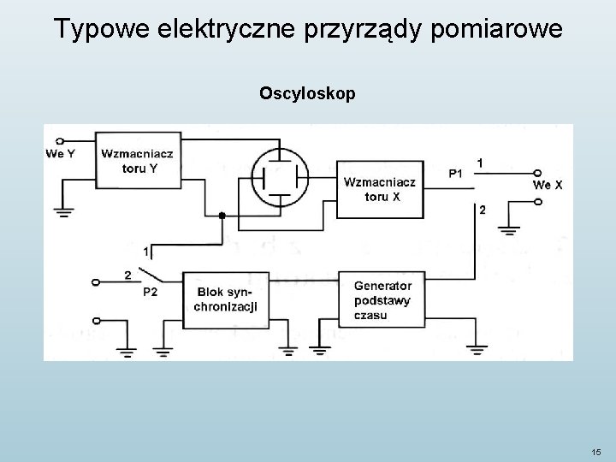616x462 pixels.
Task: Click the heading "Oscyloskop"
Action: pyautogui.click(x=307, y=92)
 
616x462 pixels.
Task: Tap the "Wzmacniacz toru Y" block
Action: pyautogui.click(x=139, y=161)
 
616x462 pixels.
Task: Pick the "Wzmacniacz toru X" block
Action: pyautogui.click(x=381, y=190)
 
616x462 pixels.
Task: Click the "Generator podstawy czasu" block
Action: pyautogui.click(x=382, y=300)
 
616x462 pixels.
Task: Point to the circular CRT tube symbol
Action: pyautogui.click(x=282, y=177)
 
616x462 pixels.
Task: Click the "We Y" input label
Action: pyautogui.click(x=59, y=154)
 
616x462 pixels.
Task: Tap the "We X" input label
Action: pyautogui.click(x=548, y=185)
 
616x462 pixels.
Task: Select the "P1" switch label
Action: pyautogui.click(x=456, y=174)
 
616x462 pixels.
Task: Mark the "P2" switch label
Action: pyautogui.click(x=150, y=293)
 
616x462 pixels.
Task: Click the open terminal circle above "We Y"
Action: pyautogui.click(x=59, y=140)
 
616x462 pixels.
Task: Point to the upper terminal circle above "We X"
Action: pyautogui.click(x=536, y=172)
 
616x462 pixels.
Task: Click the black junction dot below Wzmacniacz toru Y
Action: pyautogui.click(x=222, y=216)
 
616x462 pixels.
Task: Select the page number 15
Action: pyautogui.click(x=595, y=452)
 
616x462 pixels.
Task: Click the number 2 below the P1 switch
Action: pyautogui.click(x=483, y=210)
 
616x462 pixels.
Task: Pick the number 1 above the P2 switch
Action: pyautogui.click(x=146, y=252)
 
